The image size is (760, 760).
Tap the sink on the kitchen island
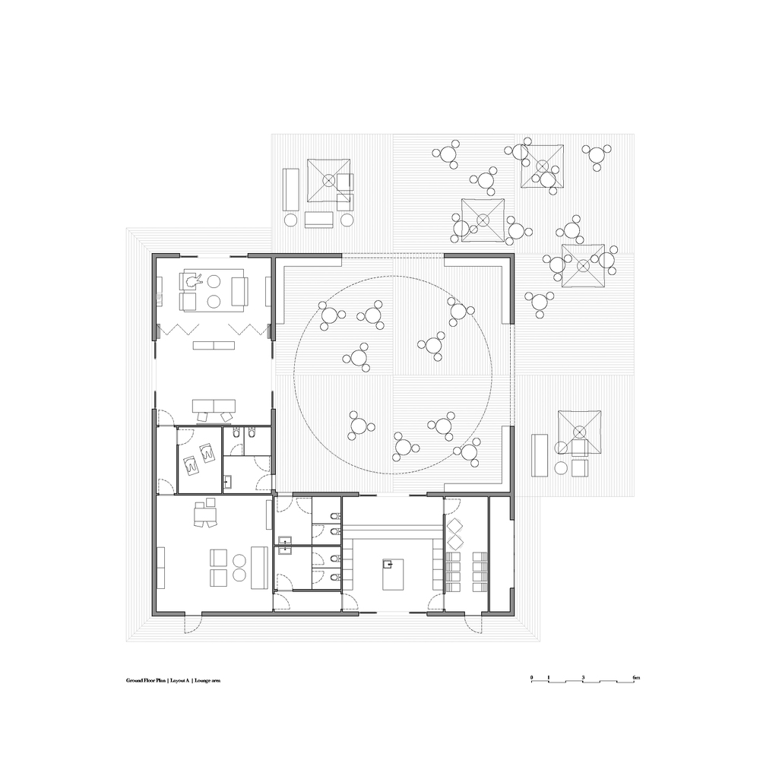(x=388, y=564)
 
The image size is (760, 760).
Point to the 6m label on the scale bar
(x=636, y=677)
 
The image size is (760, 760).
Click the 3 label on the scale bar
(x=583, y=677)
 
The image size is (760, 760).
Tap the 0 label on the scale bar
(x=532, y=677)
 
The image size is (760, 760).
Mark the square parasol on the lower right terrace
(x=579, y=432)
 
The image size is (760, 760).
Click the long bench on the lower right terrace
(x=540, y=455)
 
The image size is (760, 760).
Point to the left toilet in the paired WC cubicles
(x=236, y=432)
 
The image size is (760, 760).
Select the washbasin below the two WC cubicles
(x=228, y=481)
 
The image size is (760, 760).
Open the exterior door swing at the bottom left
(x=192, y=623)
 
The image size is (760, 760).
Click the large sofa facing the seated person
(x=239, y=291)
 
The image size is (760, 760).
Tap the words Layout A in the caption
(x=180, y=680)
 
